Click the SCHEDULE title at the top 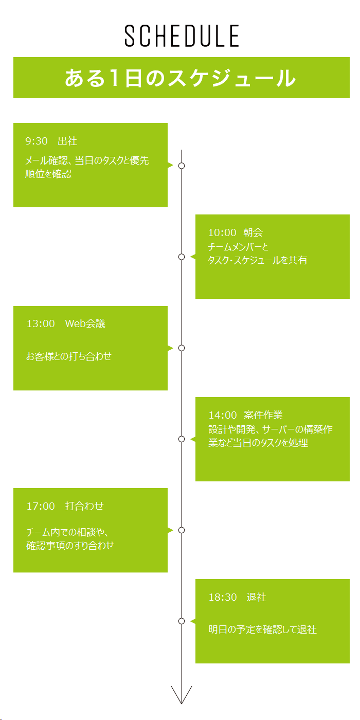click(x=182, y=35)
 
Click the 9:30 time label click(x=37, y=141)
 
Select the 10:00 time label click(x=222, y=232)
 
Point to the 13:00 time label click(x=41, y=323)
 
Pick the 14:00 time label click(x=222, y=415)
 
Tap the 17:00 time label click(x=41, y=506)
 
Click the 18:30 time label click(x=222, y=597)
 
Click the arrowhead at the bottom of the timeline click(x=182, y=704)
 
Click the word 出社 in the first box click(x=67, y=141)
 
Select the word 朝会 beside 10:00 click(x=253, y=232)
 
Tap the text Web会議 click(x=85, y=323)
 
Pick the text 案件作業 click(x=263, y=415)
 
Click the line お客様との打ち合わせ click(x=69, y=356)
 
